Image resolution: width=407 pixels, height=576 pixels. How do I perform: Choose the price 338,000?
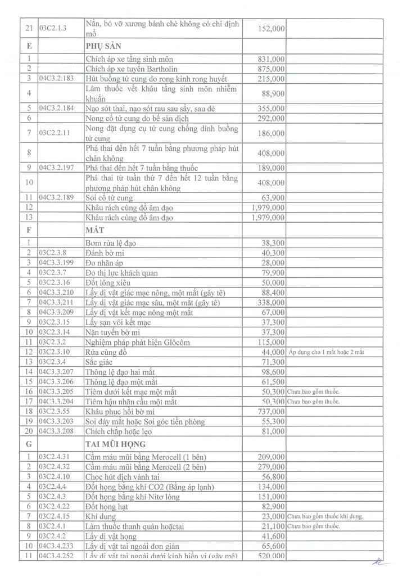click(x=269, y=303)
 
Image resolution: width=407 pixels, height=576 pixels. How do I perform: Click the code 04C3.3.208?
click(x=59, y=431)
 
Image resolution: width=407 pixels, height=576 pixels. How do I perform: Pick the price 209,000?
click(x=269, y=456)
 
